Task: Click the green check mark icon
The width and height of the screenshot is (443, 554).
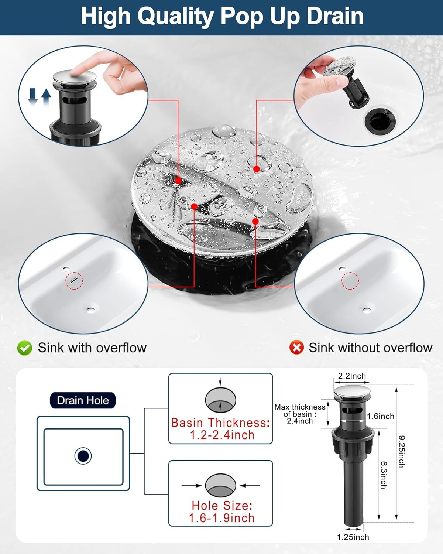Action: click(25, 348)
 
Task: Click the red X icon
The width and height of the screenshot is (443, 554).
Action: click(296, 348)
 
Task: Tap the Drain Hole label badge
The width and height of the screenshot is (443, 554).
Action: click(83, 400)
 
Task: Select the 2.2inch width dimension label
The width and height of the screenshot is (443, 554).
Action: click(352, 376)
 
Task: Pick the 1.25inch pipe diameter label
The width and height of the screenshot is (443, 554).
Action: click(353, 537)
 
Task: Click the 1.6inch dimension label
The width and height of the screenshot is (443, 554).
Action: click(381, 416)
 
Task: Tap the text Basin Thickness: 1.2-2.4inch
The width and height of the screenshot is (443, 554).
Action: click(221, 429)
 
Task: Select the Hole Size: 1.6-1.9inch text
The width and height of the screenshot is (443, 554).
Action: click(221, 512)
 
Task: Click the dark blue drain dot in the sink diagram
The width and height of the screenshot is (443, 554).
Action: click(83, 456)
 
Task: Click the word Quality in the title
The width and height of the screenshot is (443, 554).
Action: click(176, 17)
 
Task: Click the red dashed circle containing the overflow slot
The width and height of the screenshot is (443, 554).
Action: click(75, 281)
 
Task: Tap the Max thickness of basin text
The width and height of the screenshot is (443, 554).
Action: click(300, 414)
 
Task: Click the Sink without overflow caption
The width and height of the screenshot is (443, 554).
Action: click(370, 348)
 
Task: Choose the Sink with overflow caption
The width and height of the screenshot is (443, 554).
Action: click(92, 348)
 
